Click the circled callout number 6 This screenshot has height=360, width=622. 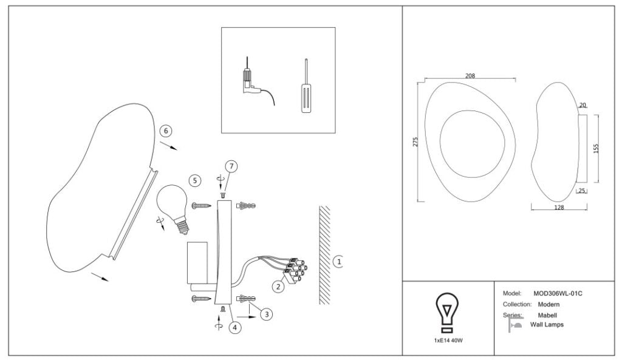tap(166, 131)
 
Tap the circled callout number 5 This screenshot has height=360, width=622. tap(194, 180)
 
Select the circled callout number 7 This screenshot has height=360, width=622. tap(230, 166)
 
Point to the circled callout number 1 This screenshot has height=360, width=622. tap(338, 261)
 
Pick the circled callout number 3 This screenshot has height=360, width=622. tap(266, 314)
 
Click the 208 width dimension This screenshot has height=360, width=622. tap(470, 76)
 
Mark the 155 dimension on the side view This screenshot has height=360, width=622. tap(596, 148)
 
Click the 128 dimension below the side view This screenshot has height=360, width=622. tap(559, 207)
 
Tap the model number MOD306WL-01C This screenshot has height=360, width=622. tap(558, 293)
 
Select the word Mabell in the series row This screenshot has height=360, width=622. tap(547, 315)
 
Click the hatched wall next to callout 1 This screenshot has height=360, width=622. tap(324, 255)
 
